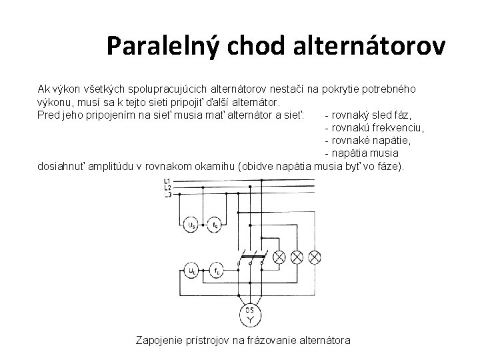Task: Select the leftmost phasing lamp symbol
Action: point(280,256)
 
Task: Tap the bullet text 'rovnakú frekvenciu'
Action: point(374,127)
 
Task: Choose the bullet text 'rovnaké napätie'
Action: point(368,140)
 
